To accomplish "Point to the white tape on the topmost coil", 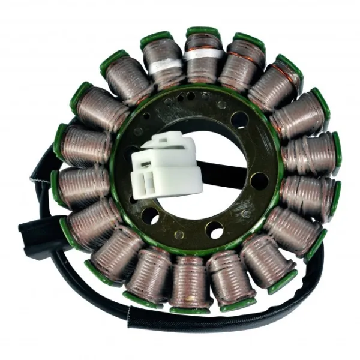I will [x=204, y=55].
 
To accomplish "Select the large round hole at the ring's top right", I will [x=239, y=121].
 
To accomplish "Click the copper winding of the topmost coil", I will [x=204, y=69].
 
